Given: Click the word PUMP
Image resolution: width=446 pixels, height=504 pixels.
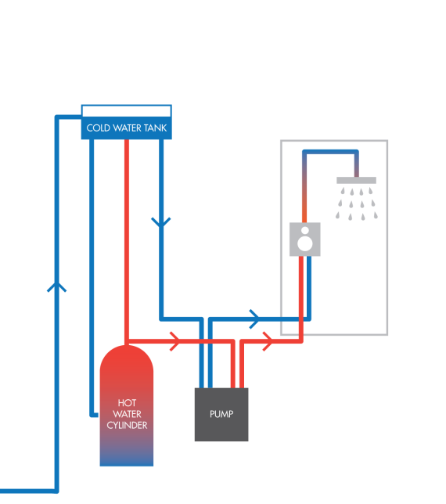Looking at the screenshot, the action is (221, 414).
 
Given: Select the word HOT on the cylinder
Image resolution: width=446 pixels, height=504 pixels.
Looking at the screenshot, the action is (127, 403).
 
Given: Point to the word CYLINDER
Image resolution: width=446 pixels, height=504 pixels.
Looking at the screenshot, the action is (127, 425).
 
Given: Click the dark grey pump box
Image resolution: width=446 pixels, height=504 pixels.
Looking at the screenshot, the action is (221, 415).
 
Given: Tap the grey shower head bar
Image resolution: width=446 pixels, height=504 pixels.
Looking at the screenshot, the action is (356, 180).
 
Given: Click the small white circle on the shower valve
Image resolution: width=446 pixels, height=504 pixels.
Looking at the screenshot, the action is (305, 230).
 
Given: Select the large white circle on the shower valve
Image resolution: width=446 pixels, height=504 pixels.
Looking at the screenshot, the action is (305, 243).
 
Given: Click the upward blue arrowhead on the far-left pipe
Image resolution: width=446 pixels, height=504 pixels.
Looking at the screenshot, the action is (57, 286).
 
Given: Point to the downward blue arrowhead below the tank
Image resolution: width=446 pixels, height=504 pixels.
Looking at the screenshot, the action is (161, 222).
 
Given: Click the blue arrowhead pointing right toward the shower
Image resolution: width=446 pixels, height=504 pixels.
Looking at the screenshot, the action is (254, 319).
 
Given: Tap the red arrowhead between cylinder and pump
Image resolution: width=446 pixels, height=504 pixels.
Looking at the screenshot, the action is (175, 341).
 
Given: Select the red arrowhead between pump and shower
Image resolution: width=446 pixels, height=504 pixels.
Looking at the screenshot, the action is (268, 341).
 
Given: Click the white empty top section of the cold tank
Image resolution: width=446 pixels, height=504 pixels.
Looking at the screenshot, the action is (126, 111).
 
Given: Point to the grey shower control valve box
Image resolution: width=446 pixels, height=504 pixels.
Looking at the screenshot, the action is (305, 239).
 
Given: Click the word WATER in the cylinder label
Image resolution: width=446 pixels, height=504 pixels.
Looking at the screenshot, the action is (127, 414).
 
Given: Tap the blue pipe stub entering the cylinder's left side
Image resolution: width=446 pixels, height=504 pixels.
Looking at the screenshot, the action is (95, 415).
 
